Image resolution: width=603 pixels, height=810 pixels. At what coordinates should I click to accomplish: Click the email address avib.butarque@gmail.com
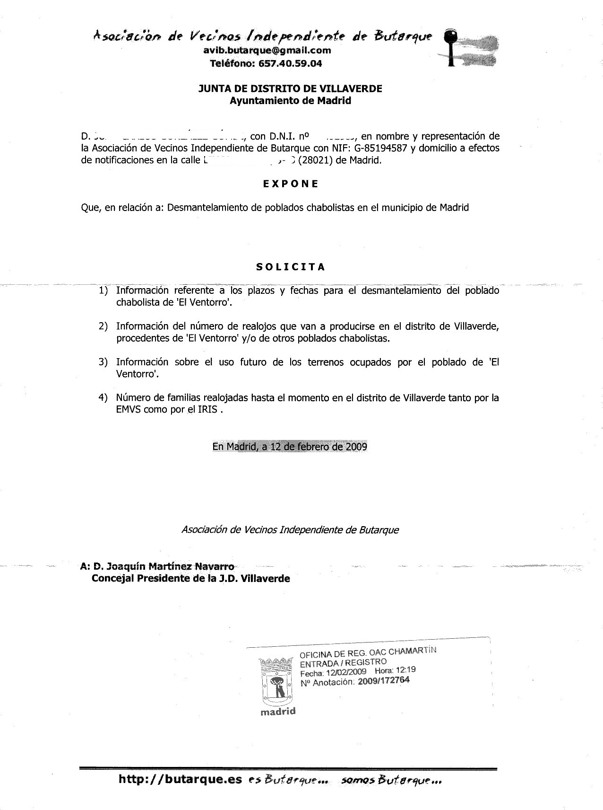coord(267,51)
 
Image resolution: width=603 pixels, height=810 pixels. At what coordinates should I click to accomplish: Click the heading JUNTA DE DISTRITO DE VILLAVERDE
coord(290,88)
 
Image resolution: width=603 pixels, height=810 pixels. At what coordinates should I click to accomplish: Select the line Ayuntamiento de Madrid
coord(290,100)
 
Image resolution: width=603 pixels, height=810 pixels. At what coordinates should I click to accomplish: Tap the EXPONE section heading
coord(291,184)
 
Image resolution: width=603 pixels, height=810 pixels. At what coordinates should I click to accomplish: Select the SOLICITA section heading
coord(291,267)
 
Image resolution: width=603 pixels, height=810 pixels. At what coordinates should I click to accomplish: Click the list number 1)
coord(103,290)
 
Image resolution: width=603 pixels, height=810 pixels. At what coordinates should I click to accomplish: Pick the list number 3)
coord(103,362)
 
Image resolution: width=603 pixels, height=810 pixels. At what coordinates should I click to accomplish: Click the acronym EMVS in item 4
coord(126,409)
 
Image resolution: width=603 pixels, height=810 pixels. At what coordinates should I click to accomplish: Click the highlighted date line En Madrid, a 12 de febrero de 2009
coord(290,446)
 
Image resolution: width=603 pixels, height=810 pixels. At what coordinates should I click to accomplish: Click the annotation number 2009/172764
coord(383,681)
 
